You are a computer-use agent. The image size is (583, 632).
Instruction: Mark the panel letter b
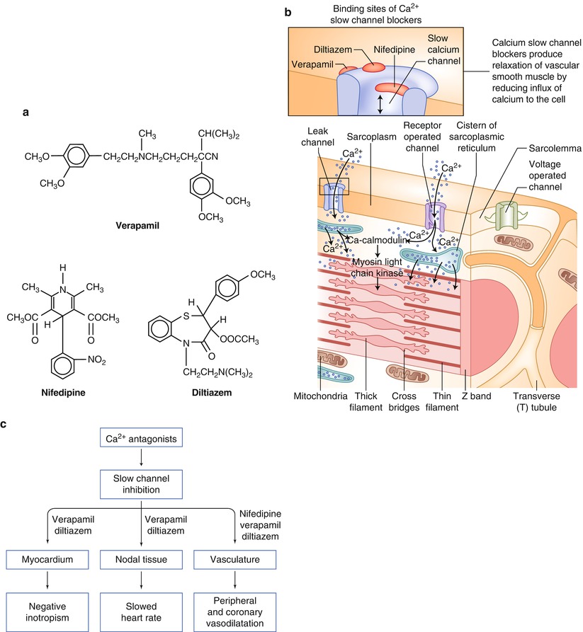(286, 12)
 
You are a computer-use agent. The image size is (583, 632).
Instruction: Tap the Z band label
(476, 397)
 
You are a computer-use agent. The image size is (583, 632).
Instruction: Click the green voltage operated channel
(507, 215)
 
